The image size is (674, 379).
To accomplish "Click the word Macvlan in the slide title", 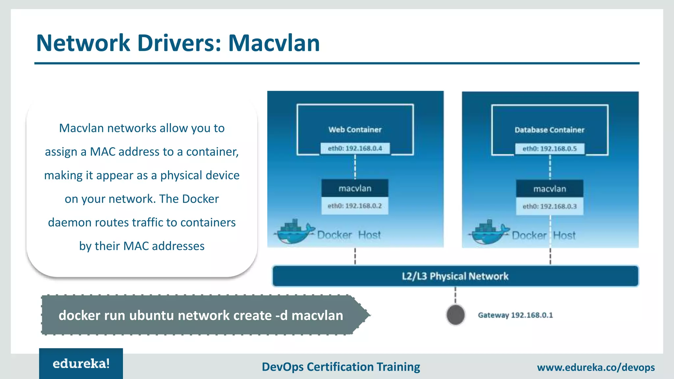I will point(274,43).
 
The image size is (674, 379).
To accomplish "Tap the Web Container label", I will point(355,130).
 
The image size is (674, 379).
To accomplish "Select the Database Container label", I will point(549,130).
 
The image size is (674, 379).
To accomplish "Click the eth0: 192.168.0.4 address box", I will point(355,148).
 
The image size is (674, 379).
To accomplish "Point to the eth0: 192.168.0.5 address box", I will point(550,149).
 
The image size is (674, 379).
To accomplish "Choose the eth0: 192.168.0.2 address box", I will point(355,206).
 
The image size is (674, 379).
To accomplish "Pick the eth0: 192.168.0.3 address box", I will point(550,207).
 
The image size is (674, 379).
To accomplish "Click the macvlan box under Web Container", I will point(355,188).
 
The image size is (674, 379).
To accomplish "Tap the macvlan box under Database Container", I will point(550,189).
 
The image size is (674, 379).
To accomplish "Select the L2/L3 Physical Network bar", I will point(455,276).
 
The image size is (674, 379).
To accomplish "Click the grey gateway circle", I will point(455,315).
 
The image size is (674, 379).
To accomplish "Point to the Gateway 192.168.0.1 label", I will point(515,315).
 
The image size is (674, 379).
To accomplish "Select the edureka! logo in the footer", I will point(81,364).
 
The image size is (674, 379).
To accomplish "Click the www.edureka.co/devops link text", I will point(596,367).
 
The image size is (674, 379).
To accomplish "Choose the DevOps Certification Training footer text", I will point(341,367).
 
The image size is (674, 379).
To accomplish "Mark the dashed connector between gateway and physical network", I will point(455,295).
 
